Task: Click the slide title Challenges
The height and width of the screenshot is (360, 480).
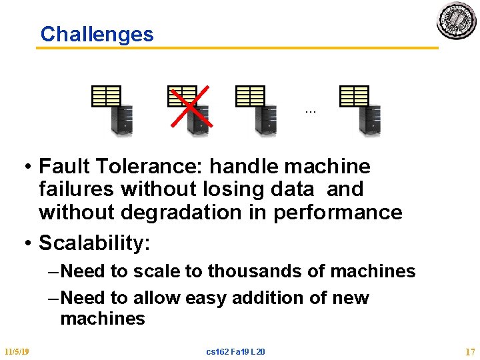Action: (x=97, y=34)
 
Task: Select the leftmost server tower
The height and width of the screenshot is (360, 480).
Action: (x=121, y=121)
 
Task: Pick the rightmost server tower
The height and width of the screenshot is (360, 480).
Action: (x=369, y=121)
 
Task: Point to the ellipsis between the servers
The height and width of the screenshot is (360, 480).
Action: (x=310, y=111)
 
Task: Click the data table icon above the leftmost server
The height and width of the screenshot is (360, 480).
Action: (x=106, y=96)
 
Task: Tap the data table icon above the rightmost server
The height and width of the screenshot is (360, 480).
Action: (x=354, y=96)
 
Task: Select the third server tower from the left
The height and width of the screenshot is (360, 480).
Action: (x=265, y=121)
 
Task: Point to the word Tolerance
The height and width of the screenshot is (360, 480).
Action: (x=141, y=166)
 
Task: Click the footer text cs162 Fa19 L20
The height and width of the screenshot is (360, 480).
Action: (x=236, y=351)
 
